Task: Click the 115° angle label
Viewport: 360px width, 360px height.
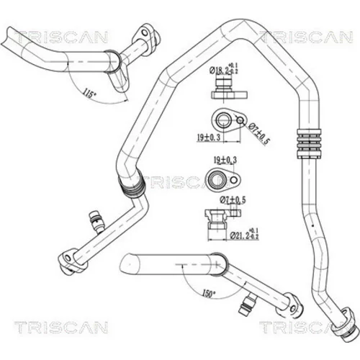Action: click(x=90, y=93)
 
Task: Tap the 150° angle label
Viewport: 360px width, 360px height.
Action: click(x=209, y=293)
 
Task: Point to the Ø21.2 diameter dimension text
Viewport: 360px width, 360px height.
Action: click(x=244, y=234)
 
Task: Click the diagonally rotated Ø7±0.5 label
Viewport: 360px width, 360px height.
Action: click(x=258, y=133)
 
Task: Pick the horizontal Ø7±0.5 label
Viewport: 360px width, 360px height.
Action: click(x=233, y=200)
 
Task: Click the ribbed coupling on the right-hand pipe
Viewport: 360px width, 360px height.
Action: click(x=309, y=143)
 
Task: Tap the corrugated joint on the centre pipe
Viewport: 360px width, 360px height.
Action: click(x=132, y=186)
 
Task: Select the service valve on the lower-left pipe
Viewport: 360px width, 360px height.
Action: click(x=96, y=222)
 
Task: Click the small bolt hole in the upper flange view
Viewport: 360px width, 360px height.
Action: click(x=240, y=120)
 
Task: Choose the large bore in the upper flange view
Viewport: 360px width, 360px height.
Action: click(x=223, y=120)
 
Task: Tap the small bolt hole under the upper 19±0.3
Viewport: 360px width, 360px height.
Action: click(x=234, y=179)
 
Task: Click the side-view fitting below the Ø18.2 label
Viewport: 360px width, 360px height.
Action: click(x=229, y=87)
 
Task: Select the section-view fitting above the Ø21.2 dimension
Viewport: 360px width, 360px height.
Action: click(x=222, y=219)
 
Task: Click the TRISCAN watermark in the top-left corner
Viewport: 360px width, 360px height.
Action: click(x=61, y=37)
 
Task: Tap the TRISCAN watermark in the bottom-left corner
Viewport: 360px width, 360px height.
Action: click(x=61, y=328)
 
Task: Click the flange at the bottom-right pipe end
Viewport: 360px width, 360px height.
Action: click(x=346, y=321)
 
